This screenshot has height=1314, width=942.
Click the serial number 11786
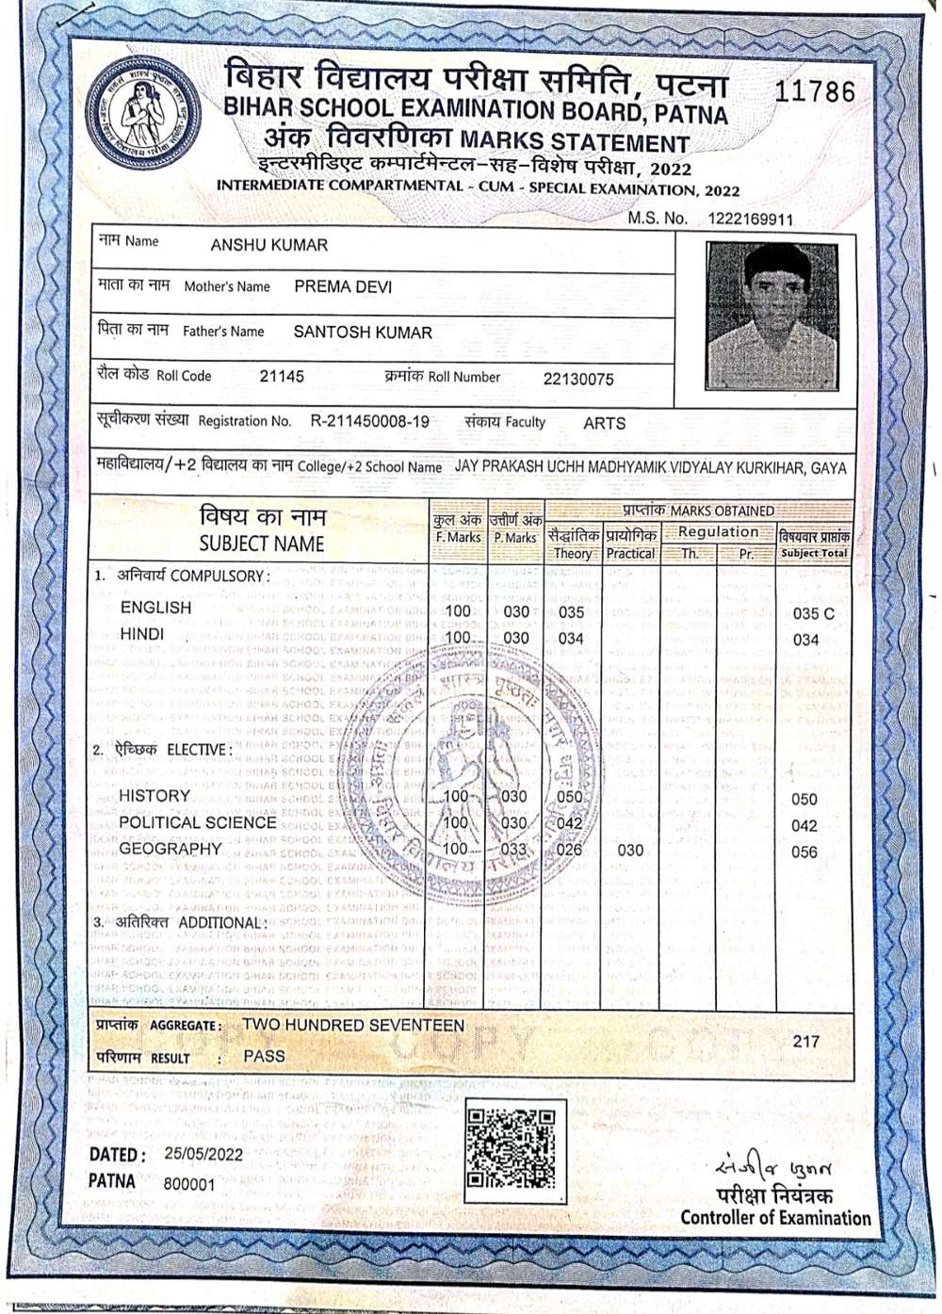pos(815,91)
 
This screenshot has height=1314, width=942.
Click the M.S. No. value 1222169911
pos(750,219)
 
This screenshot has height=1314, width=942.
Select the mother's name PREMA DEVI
pos(343,286)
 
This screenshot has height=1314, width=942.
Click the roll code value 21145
pos(282,377)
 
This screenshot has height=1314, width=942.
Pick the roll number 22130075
pos(578,380)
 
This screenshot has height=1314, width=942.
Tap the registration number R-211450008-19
pos(369,422)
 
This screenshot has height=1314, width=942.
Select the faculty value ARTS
pos(604,424)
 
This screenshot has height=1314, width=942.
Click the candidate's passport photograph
pos(771,316)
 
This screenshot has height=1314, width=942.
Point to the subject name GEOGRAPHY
pos(171,849)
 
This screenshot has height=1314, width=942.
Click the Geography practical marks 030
pos(630,851)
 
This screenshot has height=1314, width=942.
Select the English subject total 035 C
pos(813,613)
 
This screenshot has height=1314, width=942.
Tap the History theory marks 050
pos(570,797)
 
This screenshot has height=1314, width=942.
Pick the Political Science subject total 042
pos(804,826)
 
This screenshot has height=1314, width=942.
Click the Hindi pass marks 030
pos(515,638)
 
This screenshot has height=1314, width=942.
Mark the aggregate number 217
pos(806,1041)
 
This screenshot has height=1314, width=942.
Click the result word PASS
pos(264,1056)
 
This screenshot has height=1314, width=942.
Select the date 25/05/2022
pos(203,1154)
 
